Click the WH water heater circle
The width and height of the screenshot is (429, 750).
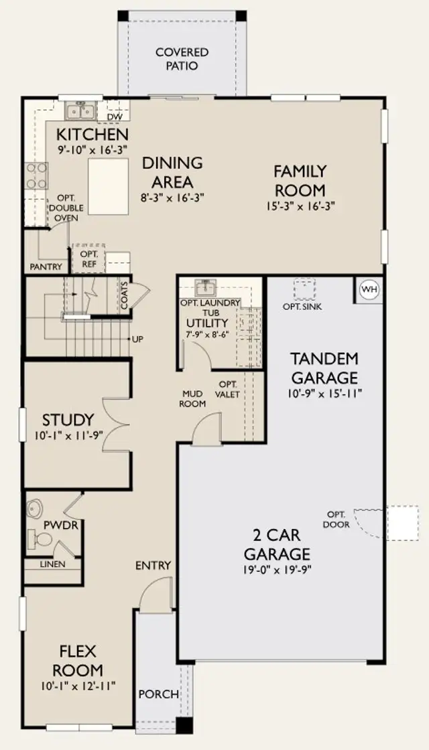(x=369, y=289)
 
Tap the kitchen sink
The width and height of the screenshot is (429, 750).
(x=80, y=111)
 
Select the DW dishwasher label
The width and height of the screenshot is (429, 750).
(x=113, y=117)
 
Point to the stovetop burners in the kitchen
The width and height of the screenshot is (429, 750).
(x=36, y=176)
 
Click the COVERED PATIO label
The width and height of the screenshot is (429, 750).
(x=182, y=59)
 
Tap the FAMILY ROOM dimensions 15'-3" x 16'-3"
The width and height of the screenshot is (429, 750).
(x=301, y=206)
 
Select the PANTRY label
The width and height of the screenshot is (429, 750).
(x=46, y=267)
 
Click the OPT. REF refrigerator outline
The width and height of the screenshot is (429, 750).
(x=88, y=258)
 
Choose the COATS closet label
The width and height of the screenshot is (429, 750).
(x=125, y=295)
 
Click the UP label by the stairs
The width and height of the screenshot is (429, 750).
(x=138, y=339)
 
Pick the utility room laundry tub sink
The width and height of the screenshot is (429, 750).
(x=206, y=287)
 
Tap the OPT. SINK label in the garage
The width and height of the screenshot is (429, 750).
(x=302, y=307)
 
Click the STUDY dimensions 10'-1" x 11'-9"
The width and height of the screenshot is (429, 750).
(x=69, y=436)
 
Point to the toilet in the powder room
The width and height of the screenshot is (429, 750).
(x=40, y=539)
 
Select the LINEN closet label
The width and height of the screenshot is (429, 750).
(x=53, y=565)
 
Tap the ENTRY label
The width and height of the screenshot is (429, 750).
(x=154, y=565)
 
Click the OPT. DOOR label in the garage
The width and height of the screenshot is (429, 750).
(x=338, y=520)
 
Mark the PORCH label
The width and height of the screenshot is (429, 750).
(x=158, y=694)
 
